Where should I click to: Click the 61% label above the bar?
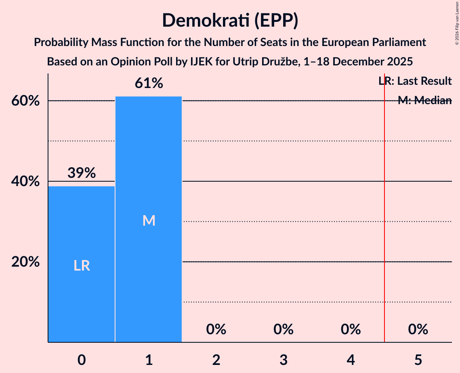click(149, 84)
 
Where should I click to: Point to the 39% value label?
click(82, 173)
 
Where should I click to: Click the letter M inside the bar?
click(149, 220)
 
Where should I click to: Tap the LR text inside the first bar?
click(82, 266)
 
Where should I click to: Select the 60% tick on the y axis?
click(25, 101)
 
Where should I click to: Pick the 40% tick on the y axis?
click(25, 182)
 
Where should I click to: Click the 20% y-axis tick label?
click(25, 262)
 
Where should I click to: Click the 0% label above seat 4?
click(351, 330)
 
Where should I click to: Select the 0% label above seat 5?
click(418, 330)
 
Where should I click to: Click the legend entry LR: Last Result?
click(415, 81)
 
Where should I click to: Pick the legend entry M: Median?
click(424, 101)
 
